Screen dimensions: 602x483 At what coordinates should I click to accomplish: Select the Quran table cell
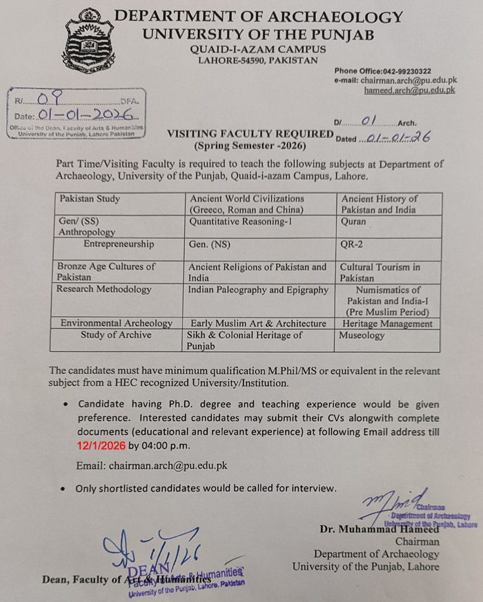pos(353,222)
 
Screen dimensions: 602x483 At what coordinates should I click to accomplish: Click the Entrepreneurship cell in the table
pos(119,244)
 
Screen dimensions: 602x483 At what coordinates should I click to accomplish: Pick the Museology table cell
pos(362,335)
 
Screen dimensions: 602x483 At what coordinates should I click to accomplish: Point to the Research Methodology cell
pos(104,289)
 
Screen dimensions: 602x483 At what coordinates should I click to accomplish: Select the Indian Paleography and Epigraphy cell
pos(258,290)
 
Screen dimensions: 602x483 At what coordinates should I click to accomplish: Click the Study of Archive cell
pos(116,335)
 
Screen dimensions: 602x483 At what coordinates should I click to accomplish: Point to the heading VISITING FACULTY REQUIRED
pos(250,134)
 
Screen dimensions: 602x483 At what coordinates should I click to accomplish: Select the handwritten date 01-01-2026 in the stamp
pos(82,115)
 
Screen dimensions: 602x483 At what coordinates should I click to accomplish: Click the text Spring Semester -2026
pos(250,146)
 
